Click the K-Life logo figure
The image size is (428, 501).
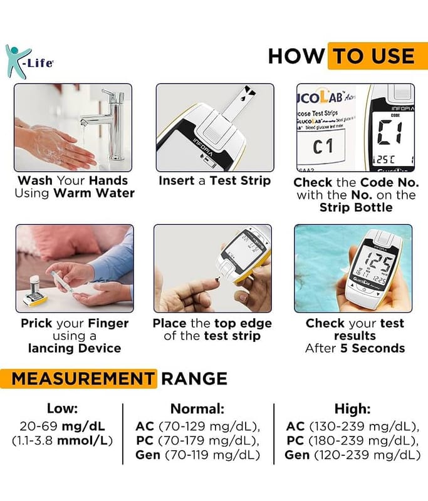(17, 61)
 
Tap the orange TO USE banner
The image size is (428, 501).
(378, 56)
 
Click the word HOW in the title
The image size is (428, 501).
(296, 56)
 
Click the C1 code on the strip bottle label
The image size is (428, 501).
(323, 147)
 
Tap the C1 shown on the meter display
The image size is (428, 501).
(390, 132)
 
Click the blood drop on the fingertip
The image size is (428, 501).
(217, 279)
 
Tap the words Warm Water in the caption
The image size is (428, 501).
(94, 194)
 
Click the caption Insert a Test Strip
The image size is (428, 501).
(215, 181)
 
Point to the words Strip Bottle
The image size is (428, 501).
(356, 208)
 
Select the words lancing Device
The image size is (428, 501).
(75, 348)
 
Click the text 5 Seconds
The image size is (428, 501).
(373, 348)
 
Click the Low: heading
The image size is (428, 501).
(62, 408)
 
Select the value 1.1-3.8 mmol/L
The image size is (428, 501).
(62, 441)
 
